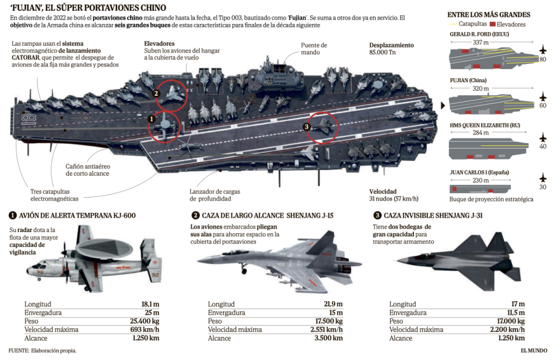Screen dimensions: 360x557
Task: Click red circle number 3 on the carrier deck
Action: [x=307, y=127]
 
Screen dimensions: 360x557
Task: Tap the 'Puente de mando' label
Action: [x=314, y=49]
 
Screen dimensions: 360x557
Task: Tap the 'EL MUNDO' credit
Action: [x=534, y=350]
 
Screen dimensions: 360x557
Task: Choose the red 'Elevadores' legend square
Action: [x=493, y=25]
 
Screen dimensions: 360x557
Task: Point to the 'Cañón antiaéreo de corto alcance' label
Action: [x=88, y=169]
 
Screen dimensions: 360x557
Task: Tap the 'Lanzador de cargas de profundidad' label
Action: [x=215, y=195]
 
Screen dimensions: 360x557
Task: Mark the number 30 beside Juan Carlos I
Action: [x=542, y=187]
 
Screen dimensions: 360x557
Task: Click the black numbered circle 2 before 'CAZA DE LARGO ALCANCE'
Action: [x=195, y=215]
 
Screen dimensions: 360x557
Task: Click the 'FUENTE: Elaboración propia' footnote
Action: [x=42, y=350]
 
